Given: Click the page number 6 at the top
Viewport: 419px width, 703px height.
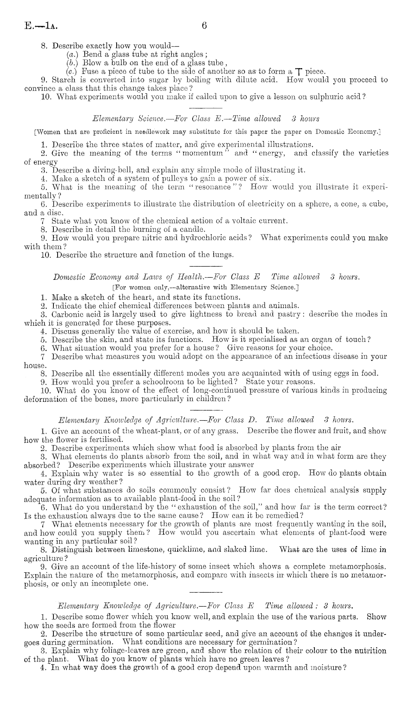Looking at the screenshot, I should [x=205, y=26].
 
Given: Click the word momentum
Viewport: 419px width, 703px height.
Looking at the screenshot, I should [x=203, y=153].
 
